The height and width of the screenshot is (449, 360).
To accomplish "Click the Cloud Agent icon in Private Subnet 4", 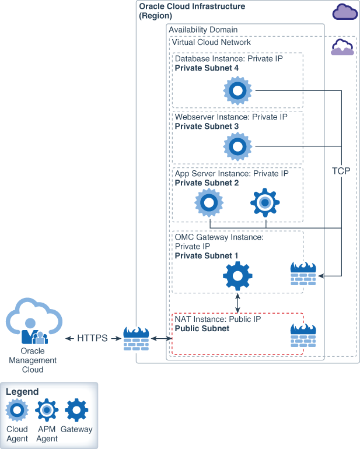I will [x=237, y=90].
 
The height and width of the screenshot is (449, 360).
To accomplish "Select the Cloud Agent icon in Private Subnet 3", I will [x=237, y=146].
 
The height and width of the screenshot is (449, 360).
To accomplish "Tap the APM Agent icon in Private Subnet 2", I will [x=265, y=202].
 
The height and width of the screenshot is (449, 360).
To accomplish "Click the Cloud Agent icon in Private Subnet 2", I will [x=209, y=202].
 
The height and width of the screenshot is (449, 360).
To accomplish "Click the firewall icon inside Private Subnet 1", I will [x=303, y=273].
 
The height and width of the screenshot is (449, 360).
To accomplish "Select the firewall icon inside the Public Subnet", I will [x=303, y=336].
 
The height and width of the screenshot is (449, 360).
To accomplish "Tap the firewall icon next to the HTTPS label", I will [x=137, y=338].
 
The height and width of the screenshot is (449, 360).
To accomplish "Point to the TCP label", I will [x=341, y=171].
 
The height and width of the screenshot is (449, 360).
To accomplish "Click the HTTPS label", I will [x=92, y=338].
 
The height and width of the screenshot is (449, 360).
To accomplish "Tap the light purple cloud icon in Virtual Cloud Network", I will [x=342, y=47].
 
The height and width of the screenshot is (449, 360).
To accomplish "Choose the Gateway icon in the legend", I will [x=76, y=411].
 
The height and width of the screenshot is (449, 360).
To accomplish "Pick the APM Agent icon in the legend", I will [x=47, y=411].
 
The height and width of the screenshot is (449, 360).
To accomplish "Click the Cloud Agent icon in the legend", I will [x=17, y=411].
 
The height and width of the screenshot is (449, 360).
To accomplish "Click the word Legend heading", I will [x=22, y=392].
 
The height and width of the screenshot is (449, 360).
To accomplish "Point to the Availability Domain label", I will [x=203, y=30].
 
